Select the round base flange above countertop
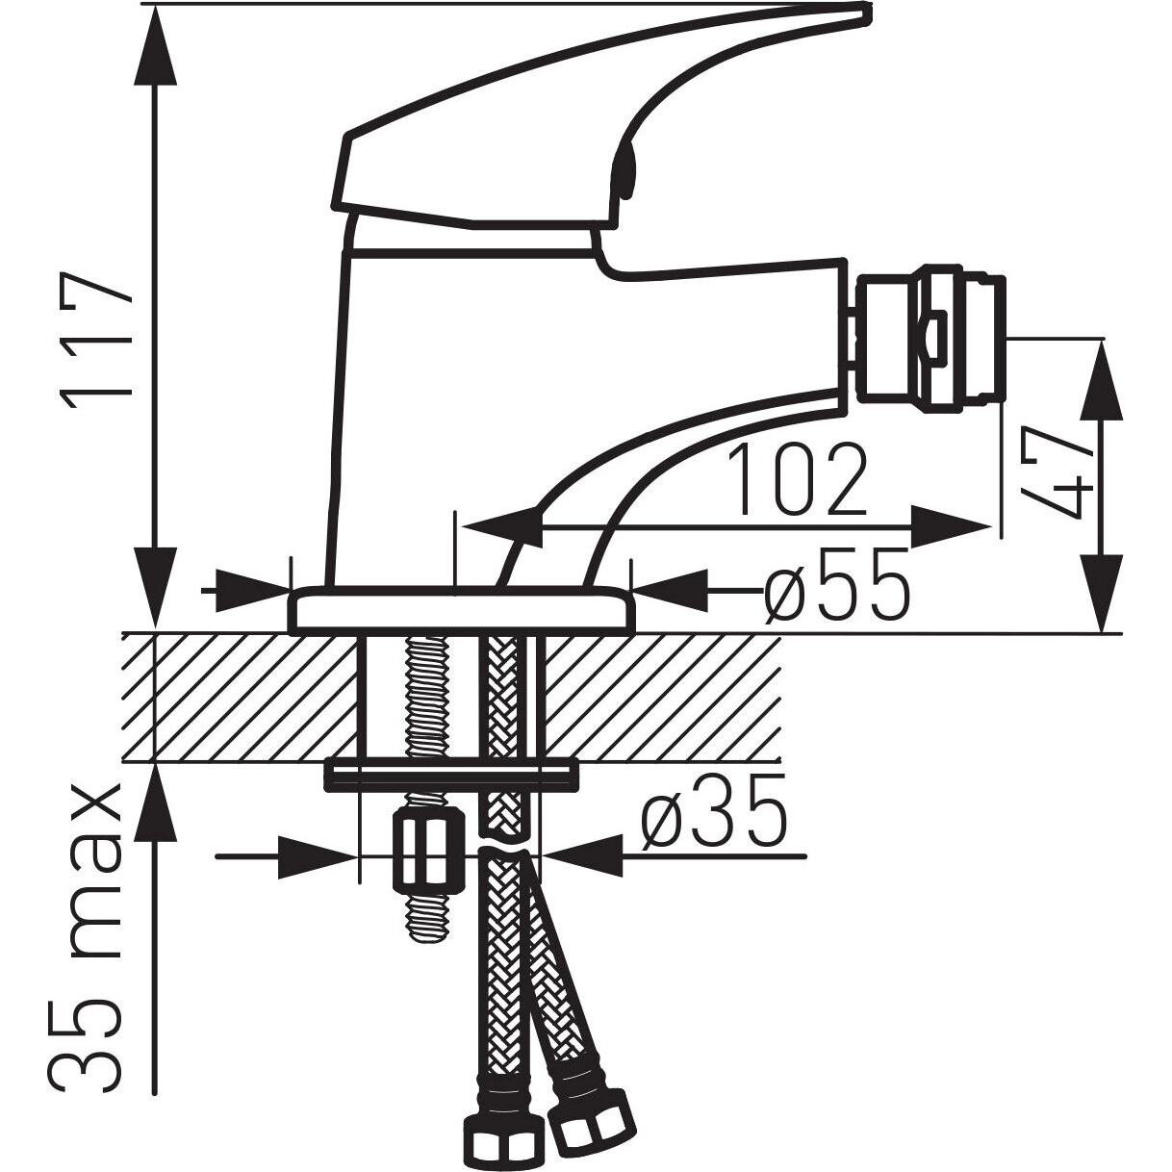click(x=461, y=611)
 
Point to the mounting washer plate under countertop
click(x=450, y=777)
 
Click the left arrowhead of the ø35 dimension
click(x=318, y=857)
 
